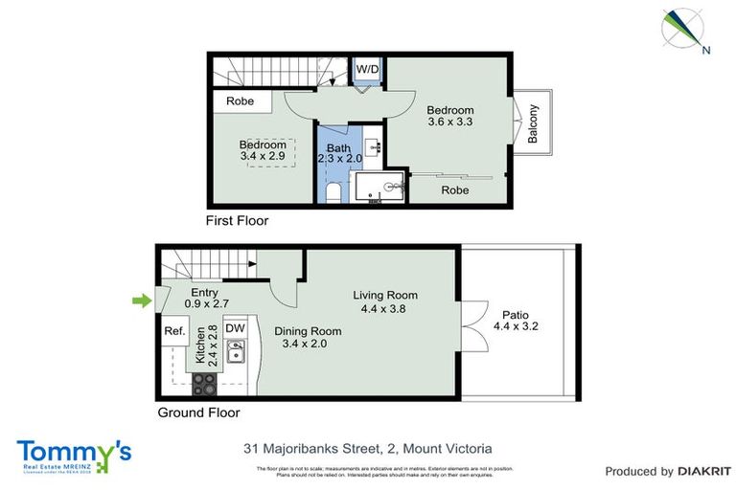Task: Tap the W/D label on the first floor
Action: point(367,70)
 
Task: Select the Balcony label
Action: point(533,123)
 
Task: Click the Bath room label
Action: point(338,148)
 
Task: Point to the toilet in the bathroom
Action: point(332,192)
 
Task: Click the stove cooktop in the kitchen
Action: point(206,383)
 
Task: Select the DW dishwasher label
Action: point(235,327)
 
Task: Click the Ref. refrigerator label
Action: point(174,331)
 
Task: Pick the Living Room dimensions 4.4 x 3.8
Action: point(385,309)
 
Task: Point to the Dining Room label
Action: point(308,331)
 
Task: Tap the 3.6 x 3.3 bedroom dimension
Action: point(450,122)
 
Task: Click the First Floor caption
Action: point(238,221)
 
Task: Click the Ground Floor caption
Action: point(197,413)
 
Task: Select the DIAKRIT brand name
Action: point(704,472)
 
